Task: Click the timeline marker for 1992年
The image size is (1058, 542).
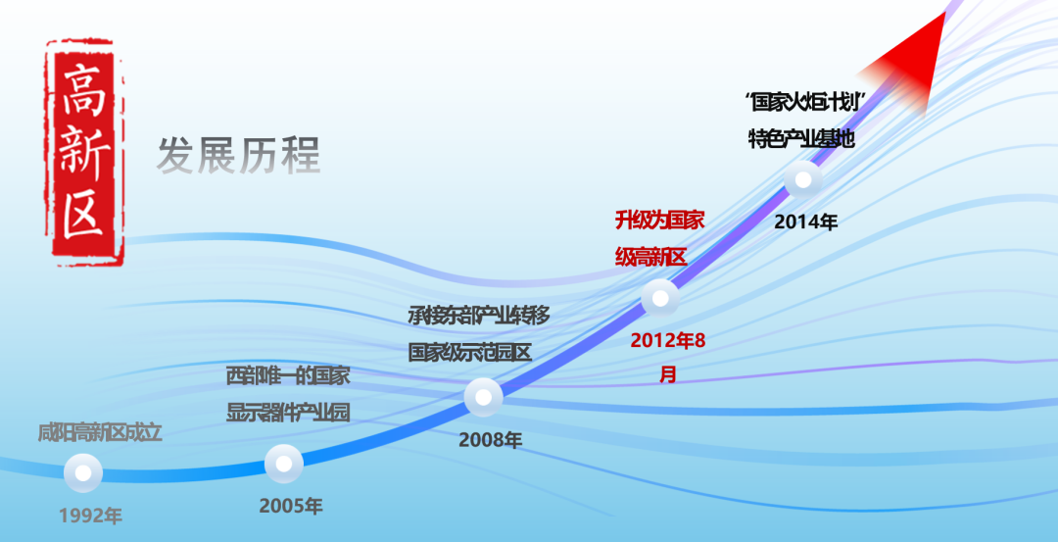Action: (83, 473)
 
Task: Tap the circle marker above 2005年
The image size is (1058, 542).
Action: (284, 464)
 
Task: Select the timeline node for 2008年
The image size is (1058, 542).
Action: (483, 397)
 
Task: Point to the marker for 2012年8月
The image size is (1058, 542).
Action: (659, 297)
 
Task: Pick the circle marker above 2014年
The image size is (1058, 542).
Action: (804, 180)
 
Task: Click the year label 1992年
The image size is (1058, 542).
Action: (90, 516)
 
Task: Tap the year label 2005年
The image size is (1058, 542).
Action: (291, 506)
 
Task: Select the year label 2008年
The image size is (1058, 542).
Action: (490, 440)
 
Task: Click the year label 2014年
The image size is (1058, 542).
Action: (806, 222)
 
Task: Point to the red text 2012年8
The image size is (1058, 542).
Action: (667, 340)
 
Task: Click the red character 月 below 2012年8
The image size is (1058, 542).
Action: (667, 374)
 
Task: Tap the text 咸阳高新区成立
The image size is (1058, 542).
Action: (99, 432)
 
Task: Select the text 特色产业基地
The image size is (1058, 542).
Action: (801, 138)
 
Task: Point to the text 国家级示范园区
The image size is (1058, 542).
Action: (469, 352)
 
